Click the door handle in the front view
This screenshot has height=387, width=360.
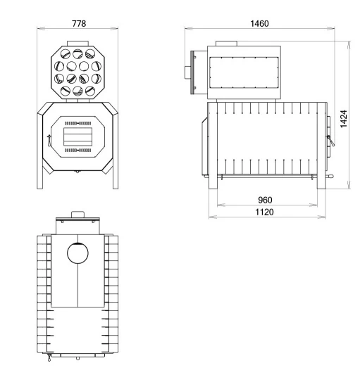[49, 139]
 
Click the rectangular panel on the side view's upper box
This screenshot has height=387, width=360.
[242, 71]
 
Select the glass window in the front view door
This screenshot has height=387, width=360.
[77, 135]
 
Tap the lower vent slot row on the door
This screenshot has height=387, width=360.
[77, 150]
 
